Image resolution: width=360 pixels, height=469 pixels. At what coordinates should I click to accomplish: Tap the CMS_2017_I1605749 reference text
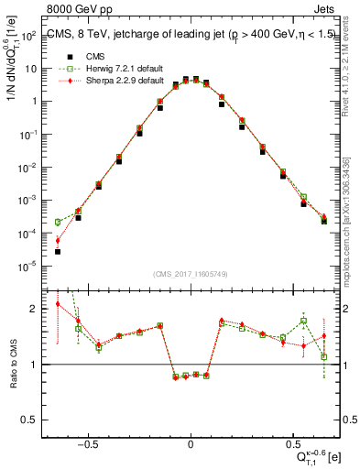coord(190,275)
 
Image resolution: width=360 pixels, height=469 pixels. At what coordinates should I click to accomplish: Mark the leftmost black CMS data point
coord(58,251)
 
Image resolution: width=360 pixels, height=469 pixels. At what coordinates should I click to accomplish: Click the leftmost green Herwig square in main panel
coord(58,222)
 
